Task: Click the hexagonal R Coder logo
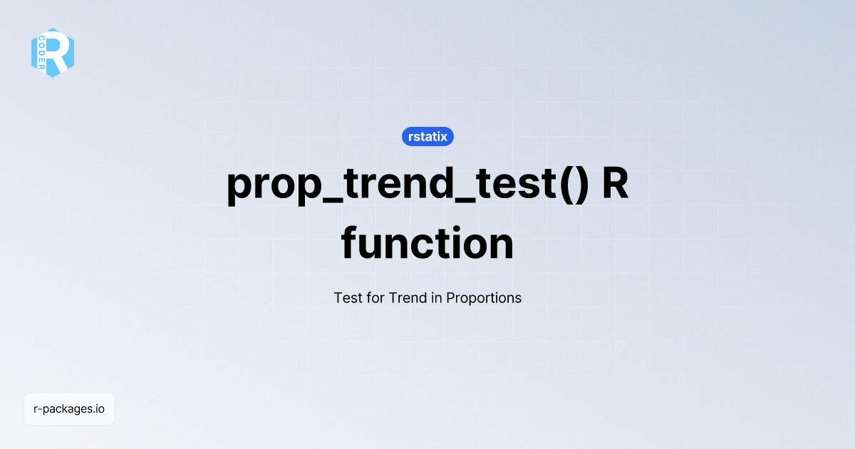point(53,53)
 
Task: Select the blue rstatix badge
point(427,136)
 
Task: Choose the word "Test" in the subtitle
point(346,298)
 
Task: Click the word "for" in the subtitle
point(375,298)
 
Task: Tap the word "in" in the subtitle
point(437,298)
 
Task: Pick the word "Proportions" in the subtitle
point(484,298)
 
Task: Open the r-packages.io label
point(69,409)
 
